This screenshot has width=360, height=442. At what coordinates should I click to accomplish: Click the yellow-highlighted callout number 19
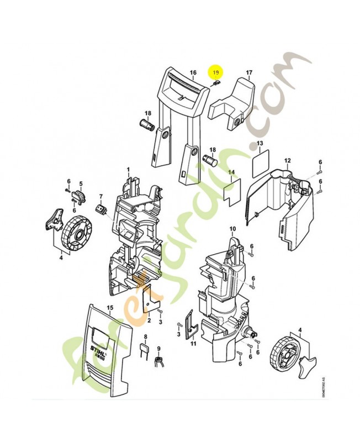tap(216, 72)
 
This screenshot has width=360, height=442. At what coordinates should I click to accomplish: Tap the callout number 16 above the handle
tap(193, 73)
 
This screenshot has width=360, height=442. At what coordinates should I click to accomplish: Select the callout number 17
tap(249, 73)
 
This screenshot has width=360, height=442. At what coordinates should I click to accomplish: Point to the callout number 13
tap(258, 144)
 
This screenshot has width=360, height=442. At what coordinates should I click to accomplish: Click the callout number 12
tap(288, 160)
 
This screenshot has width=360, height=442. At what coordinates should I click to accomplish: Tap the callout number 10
tap(232, 228)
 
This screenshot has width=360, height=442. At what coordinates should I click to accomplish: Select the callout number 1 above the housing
tap(128, 169)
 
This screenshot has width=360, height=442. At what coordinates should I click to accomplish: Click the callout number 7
tap(101, 196)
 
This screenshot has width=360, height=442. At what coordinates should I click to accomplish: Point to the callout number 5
tap(81, 183)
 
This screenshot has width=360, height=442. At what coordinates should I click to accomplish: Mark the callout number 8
tap(146, 336)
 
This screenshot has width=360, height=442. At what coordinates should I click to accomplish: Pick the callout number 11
tap(193, 344)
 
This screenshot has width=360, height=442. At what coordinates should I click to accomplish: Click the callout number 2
tap(149, 320)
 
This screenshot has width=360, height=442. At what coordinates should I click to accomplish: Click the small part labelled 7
tap(101, 209)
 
